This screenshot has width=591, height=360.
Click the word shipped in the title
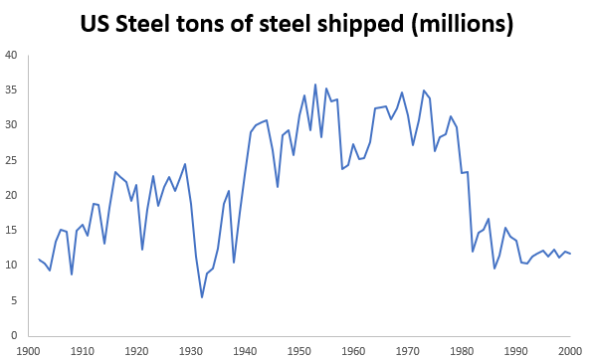[x=368, y=22]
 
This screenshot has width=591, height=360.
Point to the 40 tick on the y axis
[x=11, y=55]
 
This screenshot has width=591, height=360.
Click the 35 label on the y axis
[x=11, y=90]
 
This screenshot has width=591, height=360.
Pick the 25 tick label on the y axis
[x=11, y=160]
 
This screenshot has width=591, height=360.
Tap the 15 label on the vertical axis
[x=11, y=230]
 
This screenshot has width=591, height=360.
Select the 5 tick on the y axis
[x=14, y=299]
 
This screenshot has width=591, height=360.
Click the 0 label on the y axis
[x=14, y=335]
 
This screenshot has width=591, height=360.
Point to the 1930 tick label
[x=190, y=350]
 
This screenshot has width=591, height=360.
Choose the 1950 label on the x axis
[x=298, y=350]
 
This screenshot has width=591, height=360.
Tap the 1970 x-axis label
[x=407, y=350]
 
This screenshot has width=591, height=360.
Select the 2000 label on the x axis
[x=569, y=350]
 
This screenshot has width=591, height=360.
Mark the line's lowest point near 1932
[x=202, y=297]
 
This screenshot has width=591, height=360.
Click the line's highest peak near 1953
[x=315, y=85]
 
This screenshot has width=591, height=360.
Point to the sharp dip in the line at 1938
[x=234, y=263]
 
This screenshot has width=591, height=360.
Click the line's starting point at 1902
[x=39, y=259]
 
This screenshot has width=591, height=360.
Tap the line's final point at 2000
[x=569, y=254]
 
